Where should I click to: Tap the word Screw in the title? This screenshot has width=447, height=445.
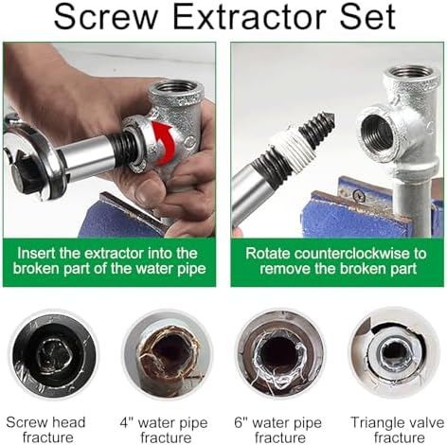point(106,16)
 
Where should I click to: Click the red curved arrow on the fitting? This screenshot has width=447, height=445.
point(163,143)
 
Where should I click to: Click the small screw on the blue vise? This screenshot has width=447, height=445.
point(359,197)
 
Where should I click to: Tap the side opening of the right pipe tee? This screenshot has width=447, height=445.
point(377,134)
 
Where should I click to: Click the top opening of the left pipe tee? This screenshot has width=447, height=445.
point(176,88)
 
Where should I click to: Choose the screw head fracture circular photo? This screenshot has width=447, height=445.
point(54,356)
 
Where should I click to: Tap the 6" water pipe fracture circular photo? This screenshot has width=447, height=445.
point(279,354)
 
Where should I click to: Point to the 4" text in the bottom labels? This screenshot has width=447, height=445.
point(126,422)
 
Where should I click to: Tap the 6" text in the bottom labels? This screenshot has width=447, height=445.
point(241,422)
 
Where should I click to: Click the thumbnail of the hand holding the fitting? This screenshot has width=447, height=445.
point(109,140)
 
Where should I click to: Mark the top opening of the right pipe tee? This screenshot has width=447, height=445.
point(411,73)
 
